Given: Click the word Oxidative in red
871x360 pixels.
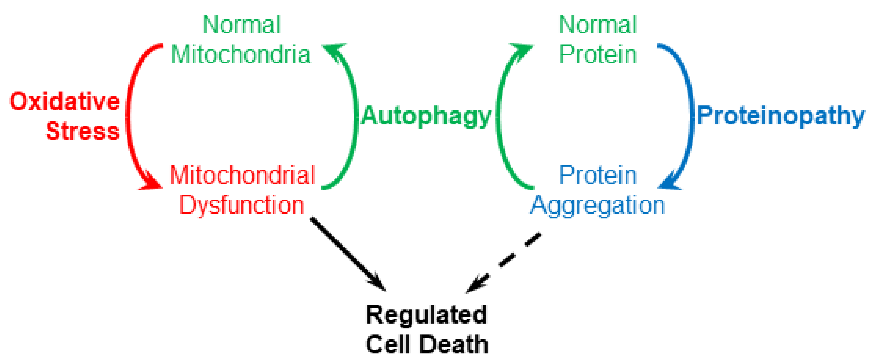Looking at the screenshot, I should click(x=64, y=101).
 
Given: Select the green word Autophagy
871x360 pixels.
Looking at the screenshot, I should click(x=426, y=116).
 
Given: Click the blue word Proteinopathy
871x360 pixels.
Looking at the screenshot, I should click(x=780, y=116).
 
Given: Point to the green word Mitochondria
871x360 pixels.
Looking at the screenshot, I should click(x=241, y=55).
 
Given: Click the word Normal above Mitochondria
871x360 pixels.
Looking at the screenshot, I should click(x=242, y=25).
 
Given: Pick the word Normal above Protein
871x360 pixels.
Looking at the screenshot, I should click(x=597, y=25).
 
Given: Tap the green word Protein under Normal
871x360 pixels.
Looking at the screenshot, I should click(x=597, y=55).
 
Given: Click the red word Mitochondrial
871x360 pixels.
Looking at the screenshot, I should click(x=242, y=175).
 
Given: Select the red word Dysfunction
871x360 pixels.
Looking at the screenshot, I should click(x=242, y=205).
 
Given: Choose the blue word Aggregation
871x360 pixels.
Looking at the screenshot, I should click(x=597, y=205).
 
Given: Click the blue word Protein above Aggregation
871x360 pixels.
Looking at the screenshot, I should click(x=597, y=175).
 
